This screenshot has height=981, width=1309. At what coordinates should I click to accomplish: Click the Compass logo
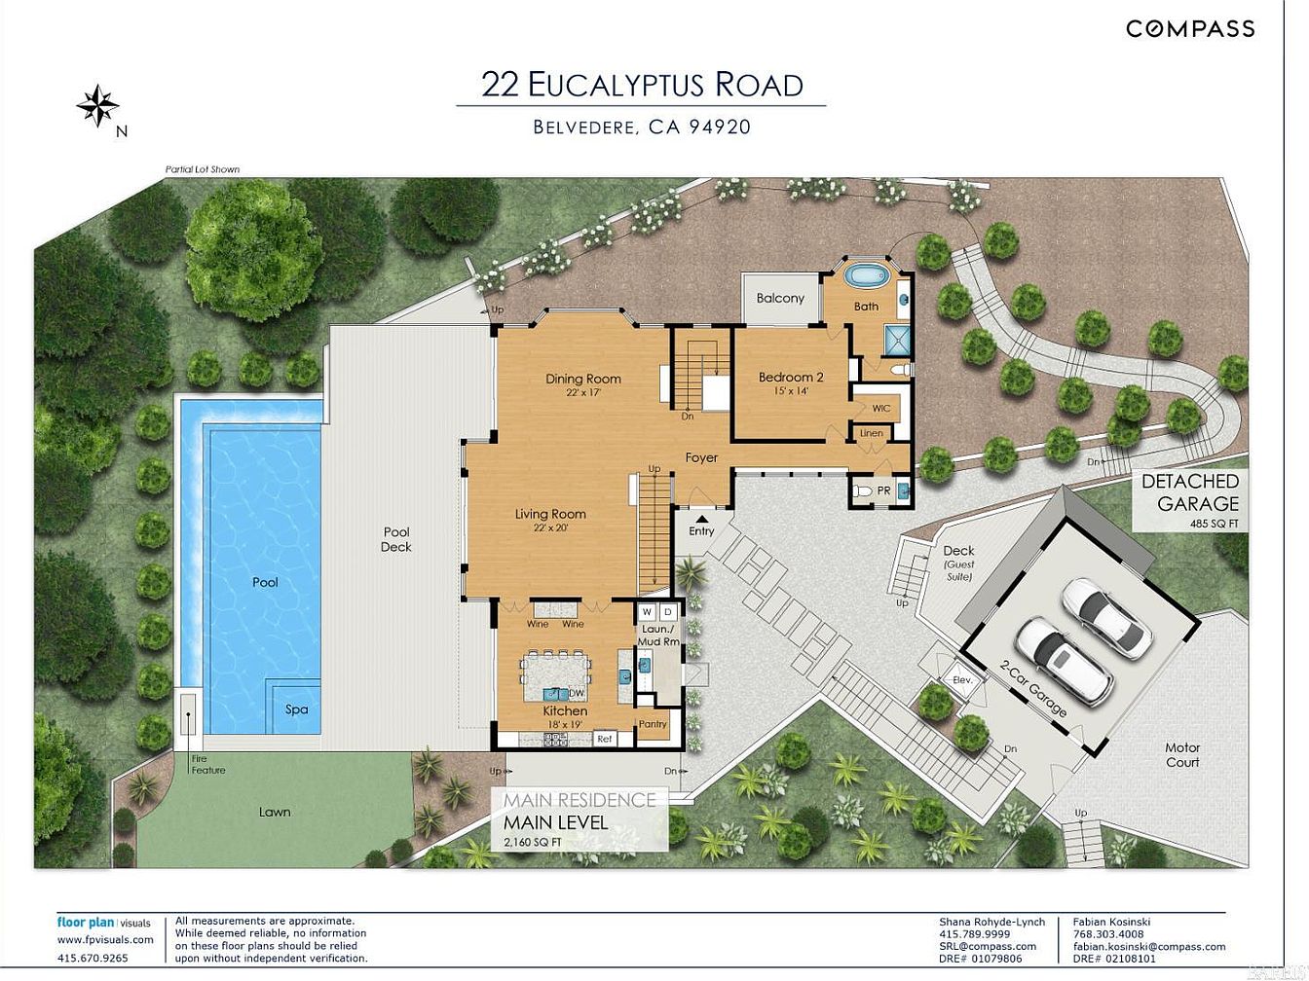(x=1190, y=28)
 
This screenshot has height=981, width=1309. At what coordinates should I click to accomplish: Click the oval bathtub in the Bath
(x=867, y=275)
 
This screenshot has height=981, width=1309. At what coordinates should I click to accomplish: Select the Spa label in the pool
(x=296, y=708)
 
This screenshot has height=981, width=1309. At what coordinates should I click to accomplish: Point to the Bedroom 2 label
(x=791, y=377)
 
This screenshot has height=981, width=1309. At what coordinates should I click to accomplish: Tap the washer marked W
(x=648, y=612)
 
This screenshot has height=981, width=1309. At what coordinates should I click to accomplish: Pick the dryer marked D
(x=668, y=612)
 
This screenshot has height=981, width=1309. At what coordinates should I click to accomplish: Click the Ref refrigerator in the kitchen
(x=605, y=739)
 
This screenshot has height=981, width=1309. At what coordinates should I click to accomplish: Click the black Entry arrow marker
(x=701, y=519)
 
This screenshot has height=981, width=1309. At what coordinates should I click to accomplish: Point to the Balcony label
(x=780, y=298)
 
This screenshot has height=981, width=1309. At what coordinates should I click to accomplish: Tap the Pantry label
(x=653, y=724)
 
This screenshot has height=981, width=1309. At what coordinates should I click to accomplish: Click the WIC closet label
(x=880, y=408)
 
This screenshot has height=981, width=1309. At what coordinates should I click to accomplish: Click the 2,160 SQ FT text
(x=533, y=842)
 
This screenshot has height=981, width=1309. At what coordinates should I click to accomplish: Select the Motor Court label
(x=1182, y=754)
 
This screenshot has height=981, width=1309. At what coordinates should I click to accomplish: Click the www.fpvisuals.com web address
(x=105, y=940)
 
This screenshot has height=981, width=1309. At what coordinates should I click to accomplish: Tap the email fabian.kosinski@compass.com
(x=1149, y=947)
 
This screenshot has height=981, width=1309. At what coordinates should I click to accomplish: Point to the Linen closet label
(x=872, y=433)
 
